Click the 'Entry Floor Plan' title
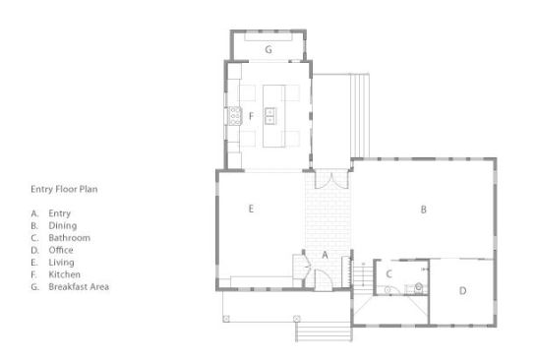point(64,189)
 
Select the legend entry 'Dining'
point(63,225)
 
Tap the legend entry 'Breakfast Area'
point(79,286)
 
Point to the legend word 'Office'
point(61,250)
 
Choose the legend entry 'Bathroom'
point(70,238)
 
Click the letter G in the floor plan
point(268,49)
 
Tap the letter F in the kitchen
point(251,116)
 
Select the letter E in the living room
point(251,209)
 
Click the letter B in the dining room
point(423,210)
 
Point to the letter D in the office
point(462,290)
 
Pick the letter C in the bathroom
point(388,273)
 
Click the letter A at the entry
point(325,255)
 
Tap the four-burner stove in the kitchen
point(235,115)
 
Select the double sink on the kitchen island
point(270,115)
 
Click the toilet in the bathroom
point(418,288)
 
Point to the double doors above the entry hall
point(331,181)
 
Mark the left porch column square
point(226,319)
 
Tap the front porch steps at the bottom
point(324,331)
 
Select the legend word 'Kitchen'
point(65,274)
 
